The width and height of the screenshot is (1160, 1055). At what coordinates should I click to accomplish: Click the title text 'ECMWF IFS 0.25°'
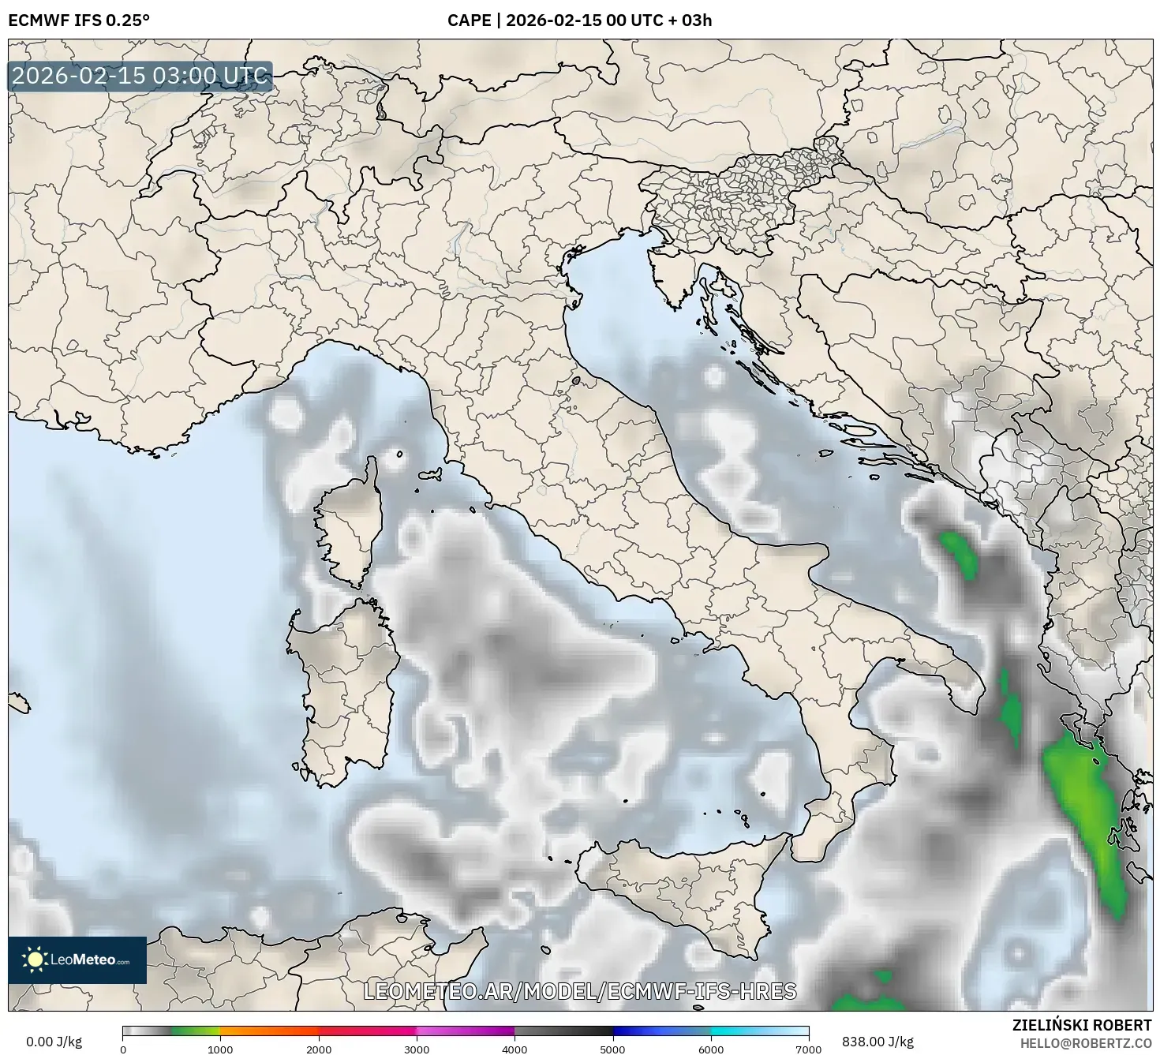(x=79, y=21)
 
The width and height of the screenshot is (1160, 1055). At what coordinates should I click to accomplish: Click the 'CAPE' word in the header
(x=469, y=21)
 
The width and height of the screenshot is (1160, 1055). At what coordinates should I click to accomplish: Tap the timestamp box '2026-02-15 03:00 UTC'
(x=140, y=77)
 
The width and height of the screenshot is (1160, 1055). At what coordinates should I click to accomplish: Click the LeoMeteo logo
(x=77, y=960)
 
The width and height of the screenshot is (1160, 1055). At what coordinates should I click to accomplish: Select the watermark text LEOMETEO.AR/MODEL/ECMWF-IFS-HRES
(x=580, y=991)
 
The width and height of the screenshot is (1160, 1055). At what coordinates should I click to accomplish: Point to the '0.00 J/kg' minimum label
(x=54, y=1042)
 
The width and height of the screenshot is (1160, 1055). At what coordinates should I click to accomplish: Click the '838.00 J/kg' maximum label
(x=877, y=1042)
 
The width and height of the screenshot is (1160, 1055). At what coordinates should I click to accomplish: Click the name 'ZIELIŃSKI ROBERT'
(x=1082, y=1025)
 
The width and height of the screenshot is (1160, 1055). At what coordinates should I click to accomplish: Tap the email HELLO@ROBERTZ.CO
(x=1085, y=1043)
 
